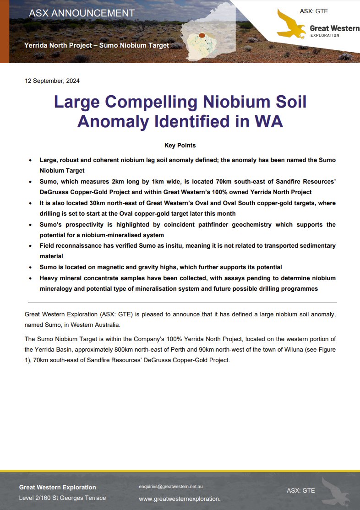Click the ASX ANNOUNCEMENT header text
(x=82, y=13)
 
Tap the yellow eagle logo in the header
(x=292, y=24)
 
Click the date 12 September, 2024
(x=52, y=81)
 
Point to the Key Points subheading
(x=180, y=146)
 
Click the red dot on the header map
(x=202, y=35)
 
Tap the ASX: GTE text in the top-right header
(x=314, y=11)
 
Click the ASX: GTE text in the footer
(x=301, y=490)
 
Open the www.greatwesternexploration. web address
(x=180, y=499)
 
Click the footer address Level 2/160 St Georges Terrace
(x=62, y=498)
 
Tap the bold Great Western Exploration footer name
(x=58, y=487)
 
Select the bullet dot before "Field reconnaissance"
(x=30, y=246)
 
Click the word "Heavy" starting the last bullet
(x=49, y=278)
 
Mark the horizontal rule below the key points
(x=182, y=303)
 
